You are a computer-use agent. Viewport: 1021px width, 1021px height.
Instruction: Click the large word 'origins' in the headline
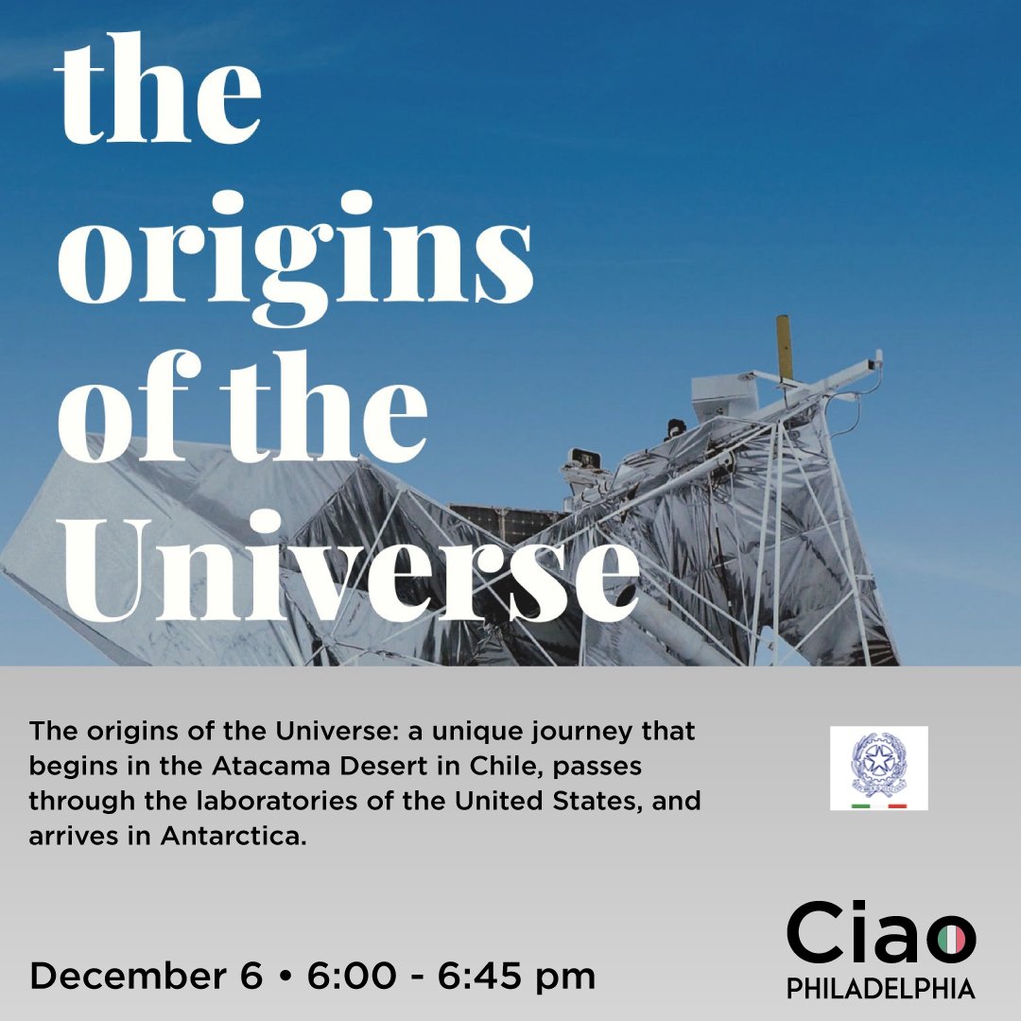[295, 249]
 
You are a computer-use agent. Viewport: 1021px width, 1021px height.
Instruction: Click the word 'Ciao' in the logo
[880, 935]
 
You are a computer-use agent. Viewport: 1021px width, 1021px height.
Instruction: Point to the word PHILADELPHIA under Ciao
[880, 989]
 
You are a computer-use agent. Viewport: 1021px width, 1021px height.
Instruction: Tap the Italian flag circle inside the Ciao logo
[951, 939]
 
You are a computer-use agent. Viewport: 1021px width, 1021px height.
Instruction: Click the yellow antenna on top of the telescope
[784, 347]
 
